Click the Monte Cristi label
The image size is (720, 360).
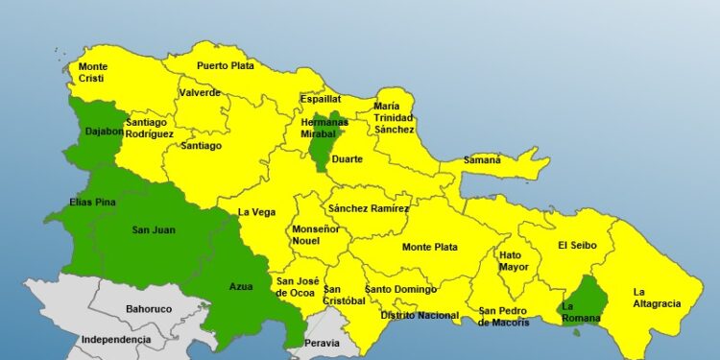click(93, 73)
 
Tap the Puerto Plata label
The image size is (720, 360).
click(226, 65)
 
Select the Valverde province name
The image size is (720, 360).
click(200, 93)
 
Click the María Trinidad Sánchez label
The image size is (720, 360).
click(394, 117)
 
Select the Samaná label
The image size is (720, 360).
click(482, 159)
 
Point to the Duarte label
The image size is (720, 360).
click(347, 159)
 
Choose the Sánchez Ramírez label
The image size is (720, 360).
click(368, 208)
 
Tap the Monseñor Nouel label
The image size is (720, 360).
click(315, 236)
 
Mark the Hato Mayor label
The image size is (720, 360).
click(514, 261)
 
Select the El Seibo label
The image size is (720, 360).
click(577, 245)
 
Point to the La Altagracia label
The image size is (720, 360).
click(656, 298)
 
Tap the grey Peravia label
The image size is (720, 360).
click(321, 343)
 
